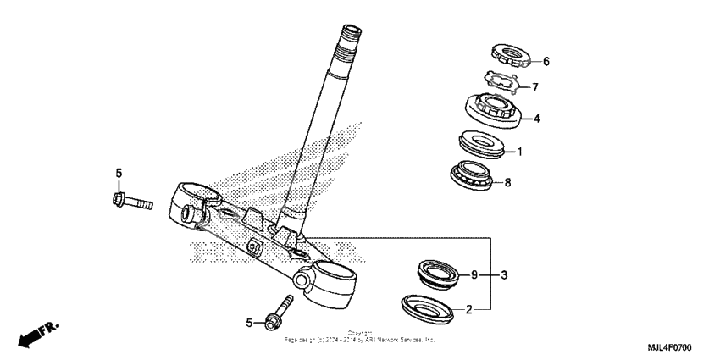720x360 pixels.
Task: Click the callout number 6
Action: click(546, 62)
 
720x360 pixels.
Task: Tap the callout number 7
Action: click(534, 87)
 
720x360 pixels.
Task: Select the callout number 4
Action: click(536, 119)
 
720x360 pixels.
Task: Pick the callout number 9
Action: click(475, 275)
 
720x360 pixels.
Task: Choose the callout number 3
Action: click(504, 275)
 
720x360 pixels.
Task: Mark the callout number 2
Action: click(468, 310)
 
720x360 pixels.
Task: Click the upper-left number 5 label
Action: click(119, 174)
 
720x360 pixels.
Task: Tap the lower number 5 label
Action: click(249, 323)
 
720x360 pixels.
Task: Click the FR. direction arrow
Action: click(37, 334)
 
